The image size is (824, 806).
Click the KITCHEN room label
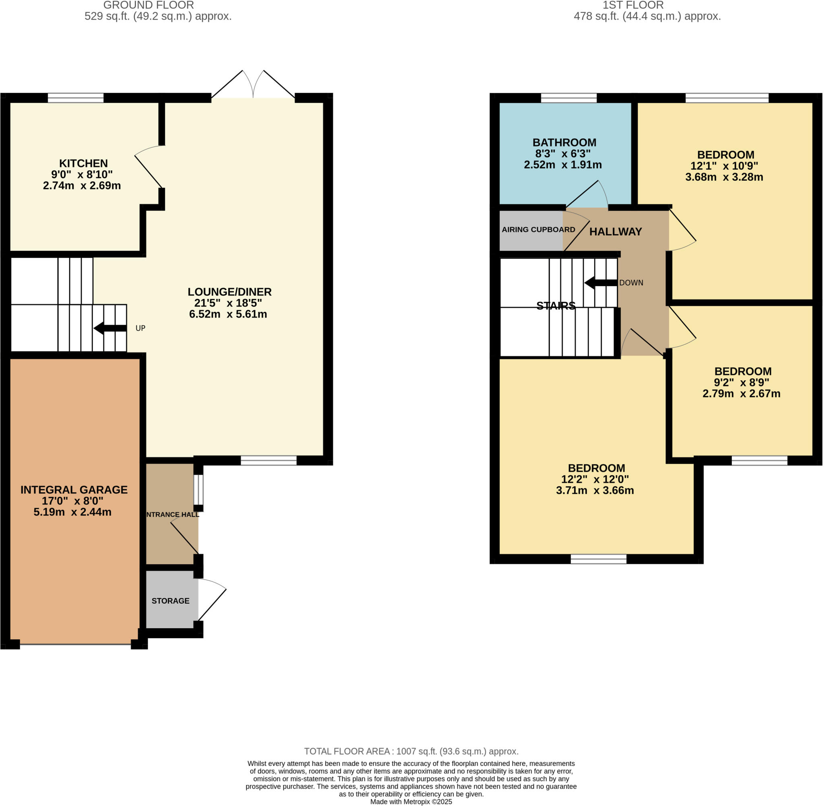pos(83,163)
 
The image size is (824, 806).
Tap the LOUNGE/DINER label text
pos(229,292)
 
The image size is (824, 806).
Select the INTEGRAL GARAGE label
pos(74,490)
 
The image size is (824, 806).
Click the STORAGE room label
pos(171,601)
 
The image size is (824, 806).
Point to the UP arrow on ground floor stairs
pos(110,328)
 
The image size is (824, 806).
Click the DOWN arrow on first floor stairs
pos(601,283)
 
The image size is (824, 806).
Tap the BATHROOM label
pos(564,143)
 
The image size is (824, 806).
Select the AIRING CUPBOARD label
pos(538,230)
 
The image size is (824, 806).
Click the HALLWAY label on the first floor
pos(615,232)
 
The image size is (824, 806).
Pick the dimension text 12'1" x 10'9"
pos(724,166)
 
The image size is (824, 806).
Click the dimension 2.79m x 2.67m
pos(742,394)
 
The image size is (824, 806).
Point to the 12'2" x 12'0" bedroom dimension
pos(595,480)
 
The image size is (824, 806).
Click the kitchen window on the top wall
pos(76,98)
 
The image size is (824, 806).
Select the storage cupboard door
pos(212,600)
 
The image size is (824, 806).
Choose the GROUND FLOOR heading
pos(148,5)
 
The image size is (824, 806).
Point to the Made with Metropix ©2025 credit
pos(411,802)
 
